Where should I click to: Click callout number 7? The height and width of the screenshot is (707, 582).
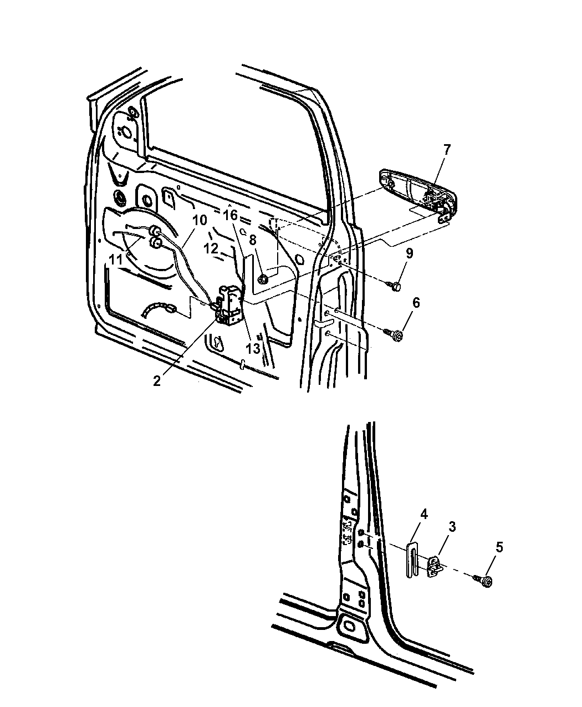(x=447, y=150)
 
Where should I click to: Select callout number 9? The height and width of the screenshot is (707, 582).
(x=409, y=255)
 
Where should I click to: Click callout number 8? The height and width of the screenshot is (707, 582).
(x=253, y=240)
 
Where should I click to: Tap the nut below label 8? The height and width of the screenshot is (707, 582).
(x=264, y=279)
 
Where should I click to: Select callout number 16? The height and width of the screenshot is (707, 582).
(x=231, y=215)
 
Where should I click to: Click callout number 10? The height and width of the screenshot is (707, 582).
(x=199, y=220)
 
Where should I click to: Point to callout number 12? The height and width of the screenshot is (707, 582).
(x=212, y=249)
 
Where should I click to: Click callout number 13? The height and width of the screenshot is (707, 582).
(x=253, y=349)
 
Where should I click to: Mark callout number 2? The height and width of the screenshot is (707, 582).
(x=157, y=381)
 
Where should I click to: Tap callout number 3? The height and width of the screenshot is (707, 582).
(x=452, y=527)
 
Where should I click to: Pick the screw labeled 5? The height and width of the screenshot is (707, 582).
(x=486, y=581)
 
